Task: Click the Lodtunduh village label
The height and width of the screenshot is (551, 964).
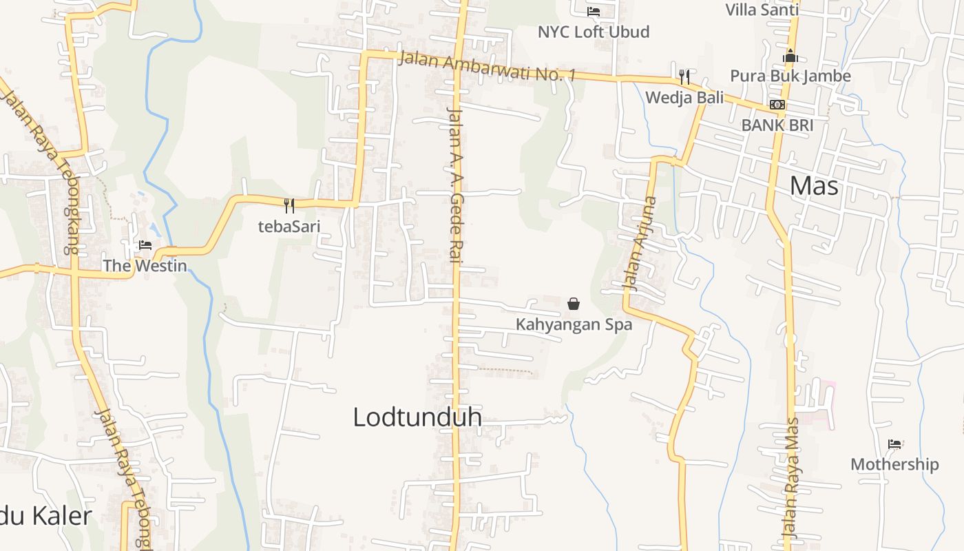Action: point(417,417)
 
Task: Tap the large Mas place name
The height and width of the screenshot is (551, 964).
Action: point(814,186)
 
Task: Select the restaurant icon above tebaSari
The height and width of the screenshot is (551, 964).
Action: point(289,205)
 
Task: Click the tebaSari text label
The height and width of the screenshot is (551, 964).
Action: point(289,226)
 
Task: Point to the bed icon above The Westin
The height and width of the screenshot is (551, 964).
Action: point(145,245)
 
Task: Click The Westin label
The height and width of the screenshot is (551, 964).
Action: point(145,265)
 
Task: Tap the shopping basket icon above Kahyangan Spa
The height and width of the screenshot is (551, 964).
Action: point(574,304)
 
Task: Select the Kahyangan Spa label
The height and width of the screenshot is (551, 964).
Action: point(574,324)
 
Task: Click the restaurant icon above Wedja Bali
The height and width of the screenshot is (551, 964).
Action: point(684,76)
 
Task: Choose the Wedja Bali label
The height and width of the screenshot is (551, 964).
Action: point(684,98)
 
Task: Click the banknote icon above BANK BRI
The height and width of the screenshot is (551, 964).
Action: point(777,105)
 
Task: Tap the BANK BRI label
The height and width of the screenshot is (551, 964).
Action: point(777,125)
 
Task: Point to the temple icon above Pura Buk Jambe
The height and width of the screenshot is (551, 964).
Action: point(790,56)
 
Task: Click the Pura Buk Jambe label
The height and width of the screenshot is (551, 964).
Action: point(790,76)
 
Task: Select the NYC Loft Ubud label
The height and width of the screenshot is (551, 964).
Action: point(594,32)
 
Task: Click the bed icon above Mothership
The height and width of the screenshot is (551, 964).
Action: point(894,444)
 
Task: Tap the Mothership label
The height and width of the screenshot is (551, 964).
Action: point(894,464)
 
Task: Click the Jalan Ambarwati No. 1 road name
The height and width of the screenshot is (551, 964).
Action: point(486,67)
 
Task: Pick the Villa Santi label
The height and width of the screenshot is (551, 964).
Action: point(762,10)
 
